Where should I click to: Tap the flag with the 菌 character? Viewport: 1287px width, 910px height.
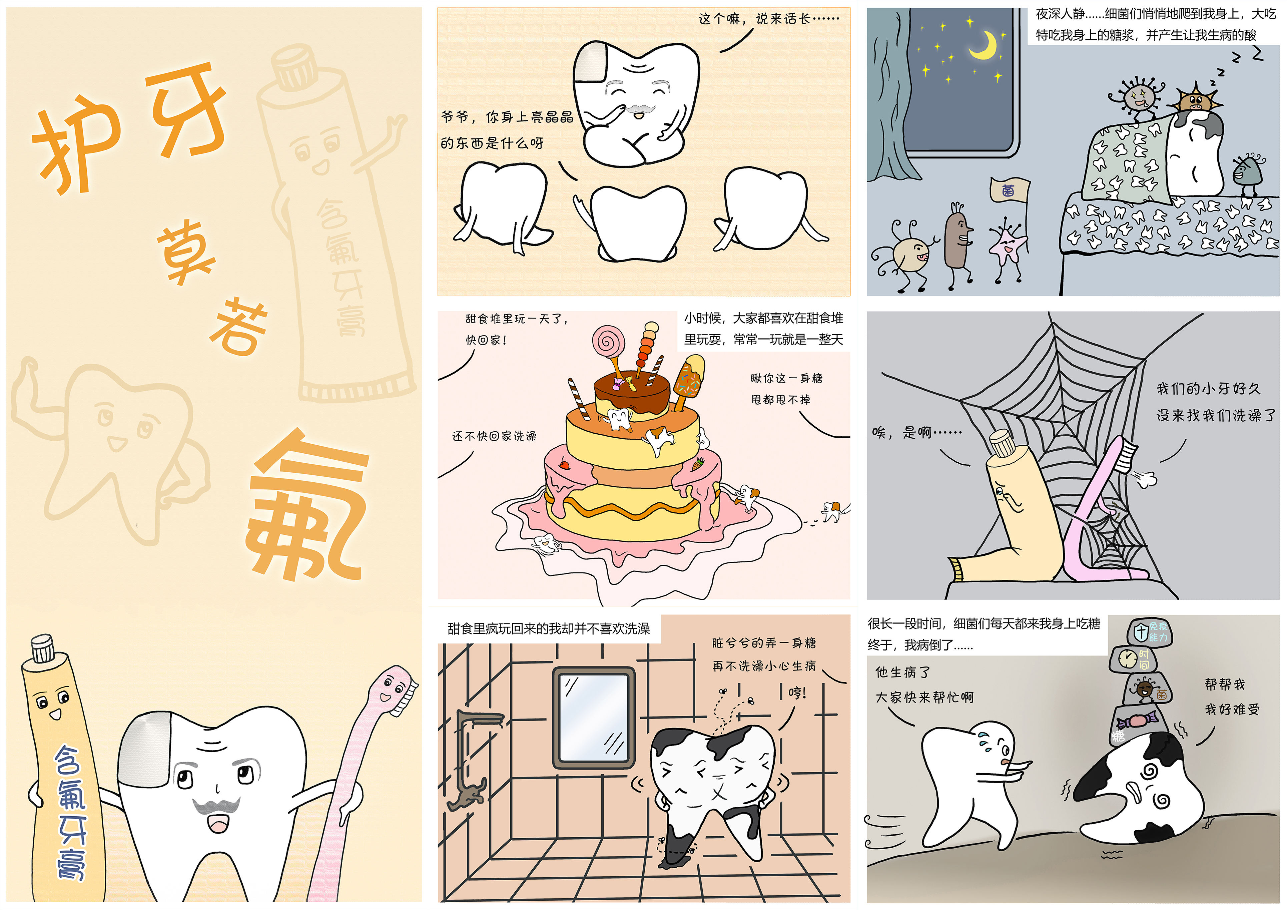[x=1010, y=190]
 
